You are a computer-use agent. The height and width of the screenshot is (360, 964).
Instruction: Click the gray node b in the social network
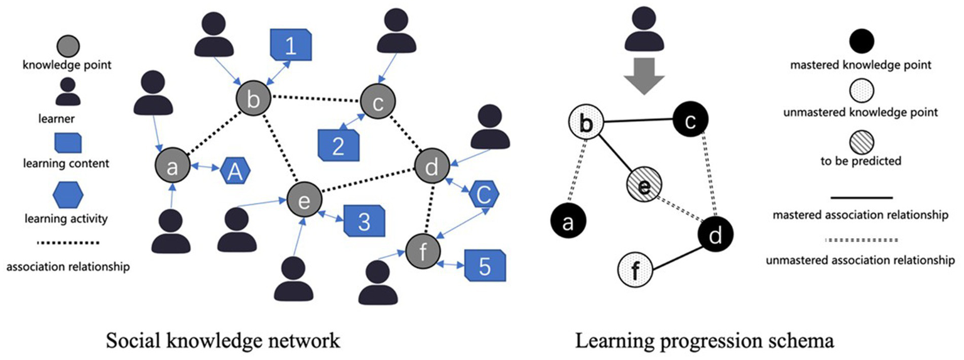(x=254, y=98)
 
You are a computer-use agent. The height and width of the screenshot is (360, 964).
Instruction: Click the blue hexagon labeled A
(x=234, y=172)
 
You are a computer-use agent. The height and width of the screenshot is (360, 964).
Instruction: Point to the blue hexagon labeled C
(x=484, y=196)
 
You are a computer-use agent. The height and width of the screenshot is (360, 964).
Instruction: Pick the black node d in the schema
(x=716, y=234)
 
